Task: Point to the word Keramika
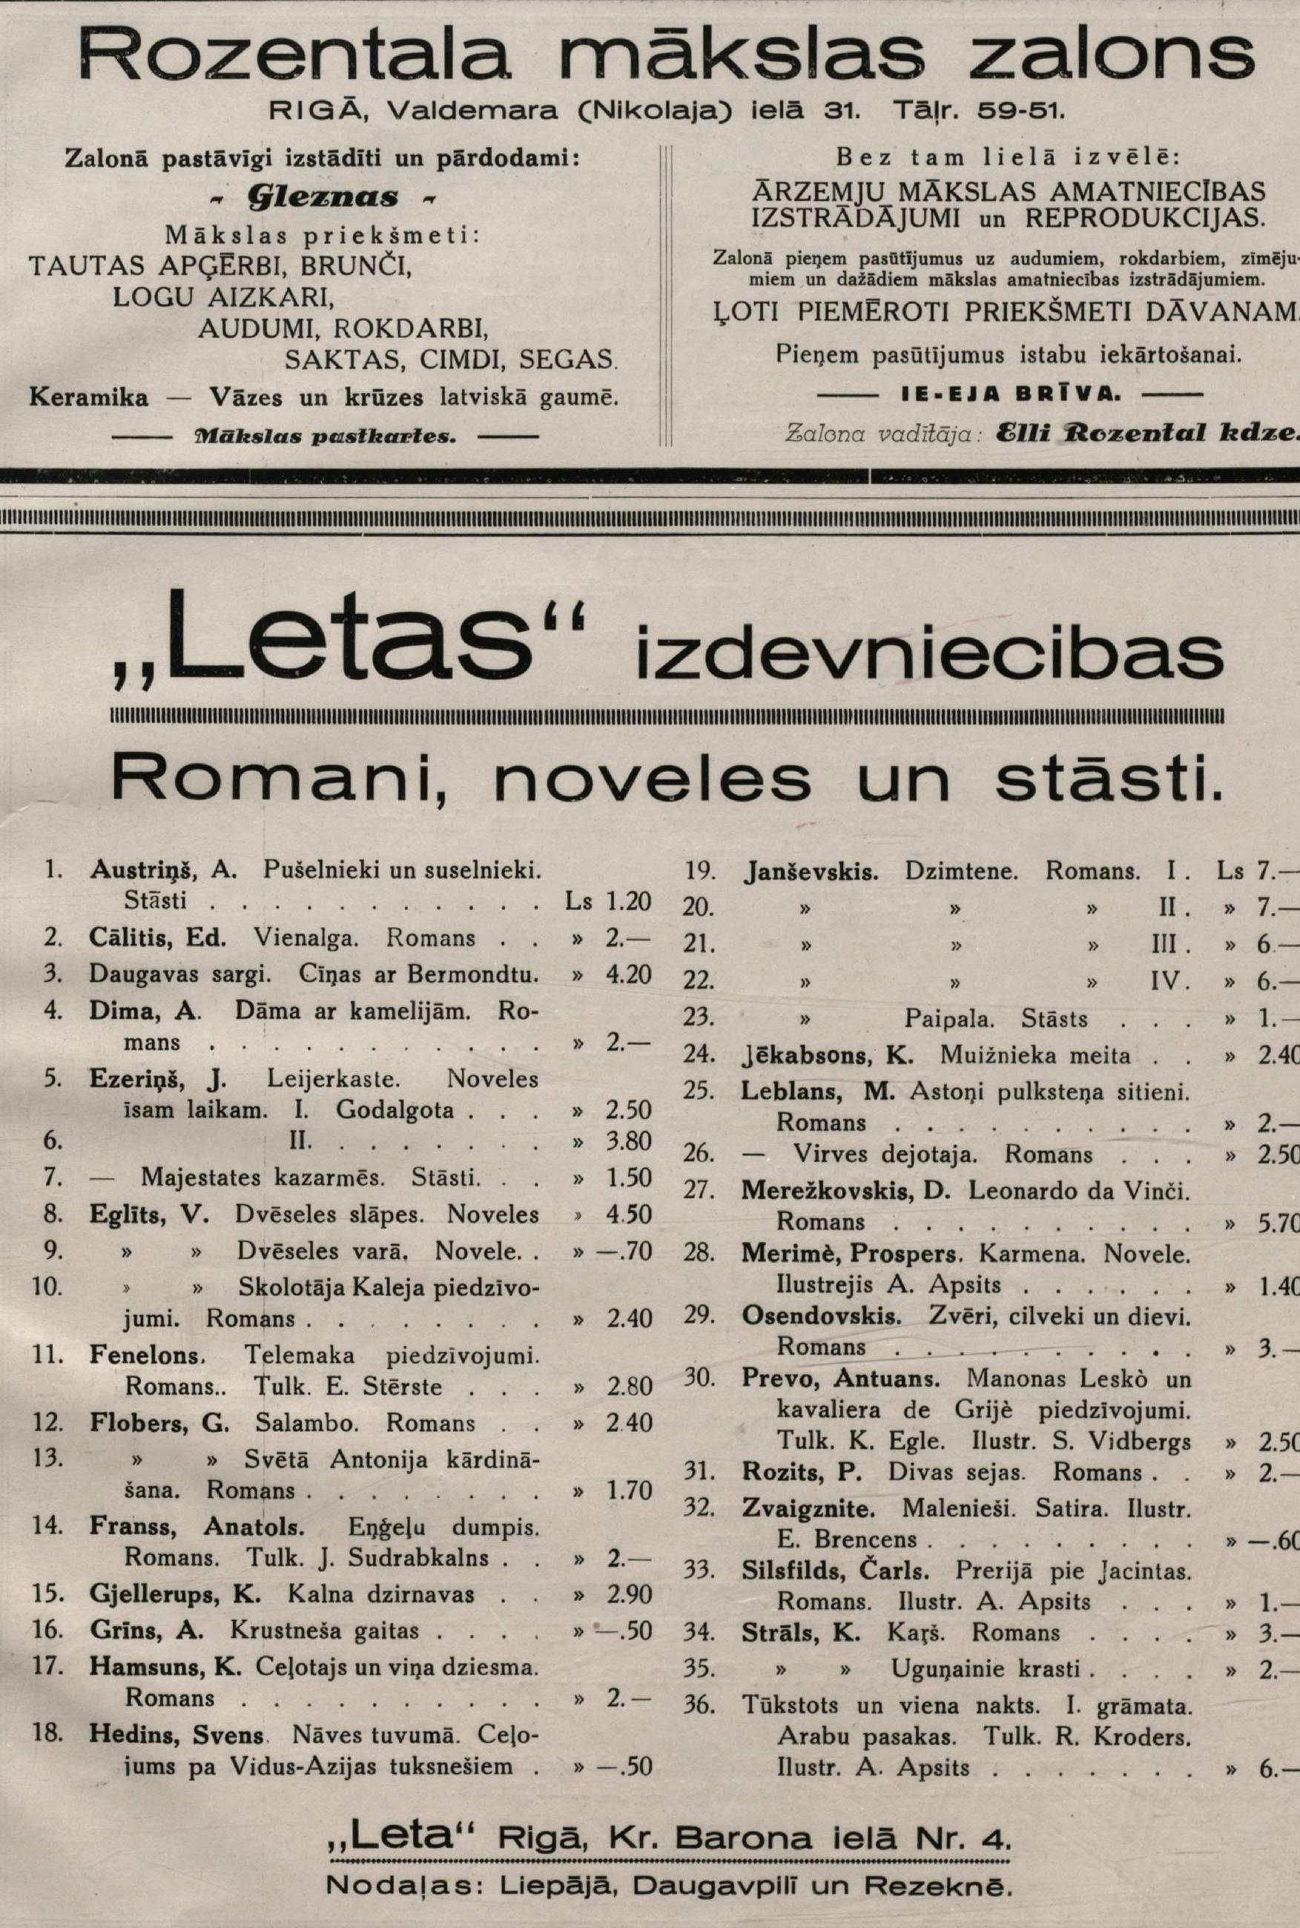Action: [x=89, y=398]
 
